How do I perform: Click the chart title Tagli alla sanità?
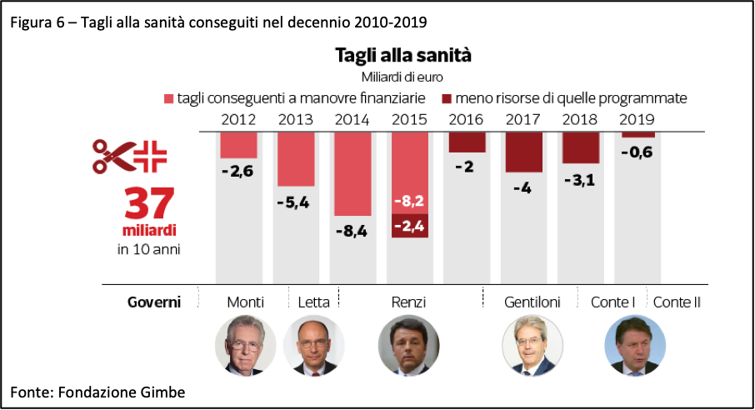tap(403, 56)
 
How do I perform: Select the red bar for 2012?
tap(238, 145)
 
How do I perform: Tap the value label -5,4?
tap(292, 202)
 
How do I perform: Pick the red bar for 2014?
tap(352, 174)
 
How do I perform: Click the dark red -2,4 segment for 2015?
tap(409, 226)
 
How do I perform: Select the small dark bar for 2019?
tap(637, 134)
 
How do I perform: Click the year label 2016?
tap(466, 119)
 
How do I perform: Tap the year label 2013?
tap(295, 119)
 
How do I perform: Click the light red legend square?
tap(168, 98)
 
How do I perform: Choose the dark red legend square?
tap(447, 98)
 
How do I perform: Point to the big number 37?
tap(150, 203)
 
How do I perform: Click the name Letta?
tap(313, 302)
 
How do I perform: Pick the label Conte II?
tap(677, 302)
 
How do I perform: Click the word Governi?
tap(154, 302)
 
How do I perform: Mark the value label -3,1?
tap(579, 180)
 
